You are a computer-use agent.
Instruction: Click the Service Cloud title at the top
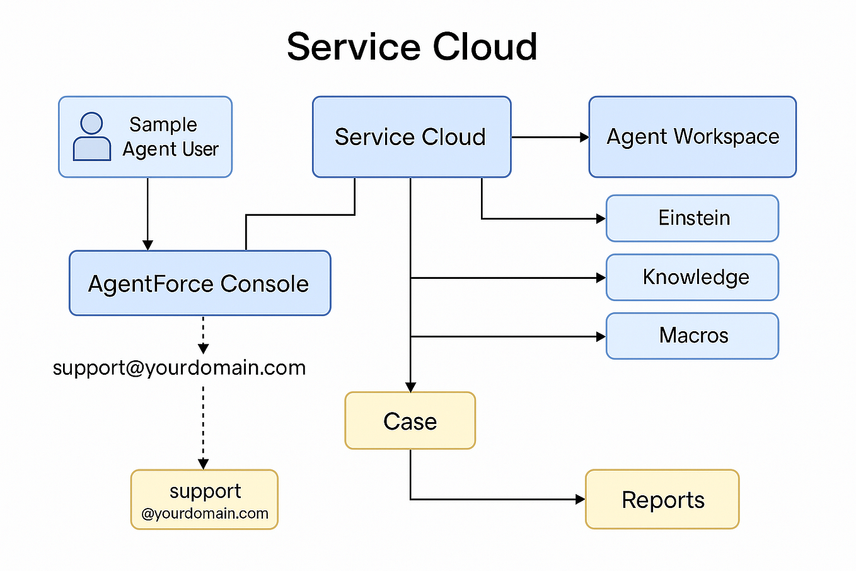pyautogui.click(x=412, y=47)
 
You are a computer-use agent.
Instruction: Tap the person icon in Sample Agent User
pyautogui.click(x=92, y=136)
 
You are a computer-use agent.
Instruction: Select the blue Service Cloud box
pyautogui.click(x=412, y=137)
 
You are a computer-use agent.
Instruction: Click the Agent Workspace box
pyautogui.click(x=693, y=137)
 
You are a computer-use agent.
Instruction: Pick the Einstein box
pyautogui.click(x=693, y=218)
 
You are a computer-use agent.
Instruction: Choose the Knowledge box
pyautogui.click(x=693, y=277)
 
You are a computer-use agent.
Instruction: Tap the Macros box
pyautogui.click(x=693, y=336)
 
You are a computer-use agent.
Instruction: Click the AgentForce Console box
pyautogui.click(x=200, y=283)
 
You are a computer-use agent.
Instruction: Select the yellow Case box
pyautogui.click(x=410, y=421)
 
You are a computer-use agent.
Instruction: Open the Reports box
pyautogui.click(x=662, y=500)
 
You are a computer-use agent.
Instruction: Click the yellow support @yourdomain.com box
pyautogui.click(x=204, y=500)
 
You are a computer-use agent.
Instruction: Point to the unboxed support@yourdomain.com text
pyautogui.click(x=179, y=368)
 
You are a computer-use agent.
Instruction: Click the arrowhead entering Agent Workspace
pyautogui.click(x=584, y=137)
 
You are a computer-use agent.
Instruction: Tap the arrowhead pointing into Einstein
pyautogui.click(x=601, y=219)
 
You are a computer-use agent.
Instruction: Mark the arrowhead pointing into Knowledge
pyautogui.click(x=601, y=278)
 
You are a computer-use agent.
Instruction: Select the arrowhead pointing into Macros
pyautogui.click(x=601, y=336)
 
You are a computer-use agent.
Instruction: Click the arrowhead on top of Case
pyautogui.click(x=410, y=387)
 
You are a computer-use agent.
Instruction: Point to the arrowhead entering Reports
pyautogui.click(x=581, y=499)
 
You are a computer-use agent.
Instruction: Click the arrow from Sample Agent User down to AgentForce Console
pyautogui.click(x=148, y=214)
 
